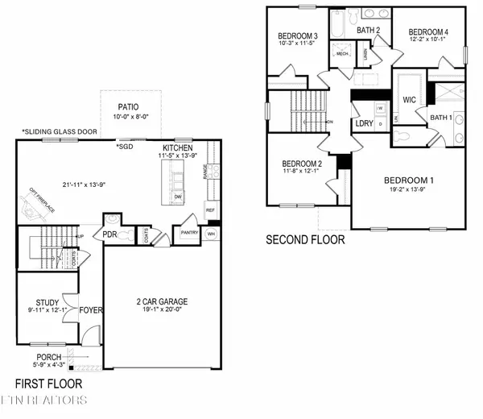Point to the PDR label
109,234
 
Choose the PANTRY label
190,233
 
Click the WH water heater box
213,234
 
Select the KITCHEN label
178,149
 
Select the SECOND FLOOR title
306,239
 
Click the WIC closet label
408,100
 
